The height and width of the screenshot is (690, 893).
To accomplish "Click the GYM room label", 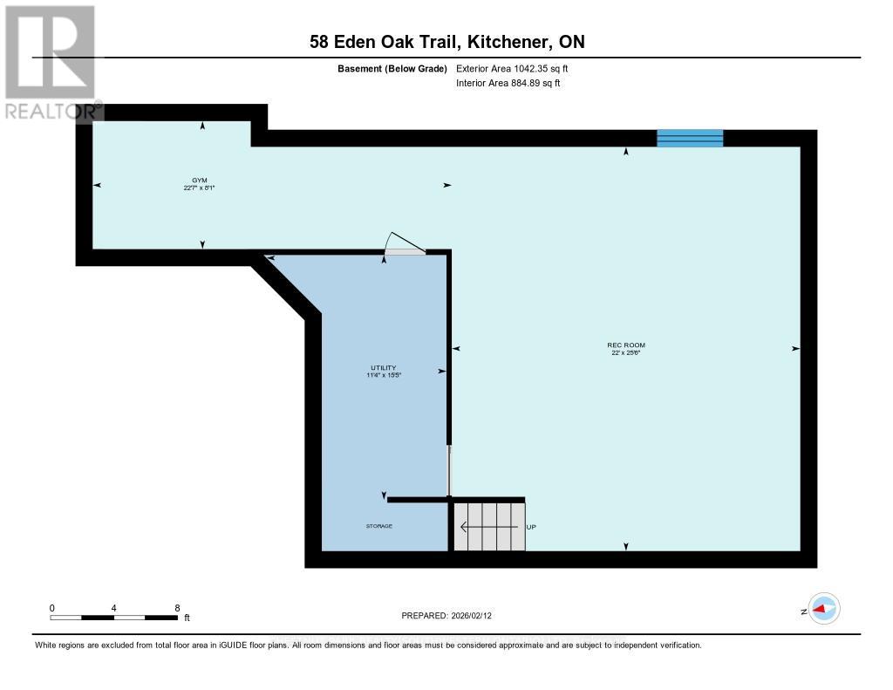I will [x=200, y=179].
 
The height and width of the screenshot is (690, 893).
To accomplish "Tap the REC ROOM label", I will [x=626, y=345].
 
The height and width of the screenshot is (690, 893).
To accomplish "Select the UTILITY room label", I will [x=383, y=367].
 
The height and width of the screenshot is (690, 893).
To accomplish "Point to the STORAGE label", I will [x=379, y=527].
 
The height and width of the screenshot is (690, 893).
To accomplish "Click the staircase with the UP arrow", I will [x=488, y=526].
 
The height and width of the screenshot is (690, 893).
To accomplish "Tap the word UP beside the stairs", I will [x=531, y=527].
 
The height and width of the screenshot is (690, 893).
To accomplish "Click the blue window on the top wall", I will [x=690, y=138].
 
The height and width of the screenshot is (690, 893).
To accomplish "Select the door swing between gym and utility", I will [x=404, y=244].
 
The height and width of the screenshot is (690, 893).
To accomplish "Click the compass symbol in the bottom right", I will [x=824, y=609].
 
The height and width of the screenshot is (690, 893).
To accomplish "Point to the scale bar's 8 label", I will [x=177, y=608].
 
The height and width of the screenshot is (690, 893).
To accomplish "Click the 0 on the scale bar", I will [x=52, y=608].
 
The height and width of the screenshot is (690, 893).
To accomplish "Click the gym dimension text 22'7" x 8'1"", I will [x=200, y=187].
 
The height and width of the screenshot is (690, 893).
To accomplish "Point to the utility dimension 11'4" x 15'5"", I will [x=383, y=375].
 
